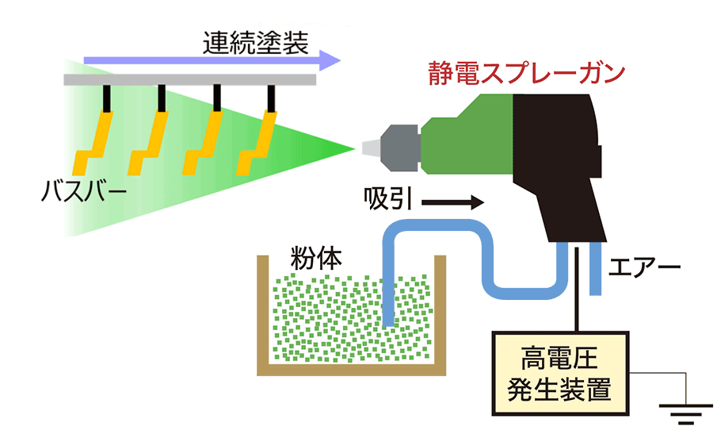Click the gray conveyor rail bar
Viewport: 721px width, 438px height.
tap(190, 79)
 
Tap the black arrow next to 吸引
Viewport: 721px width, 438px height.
tap(452, 203)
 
